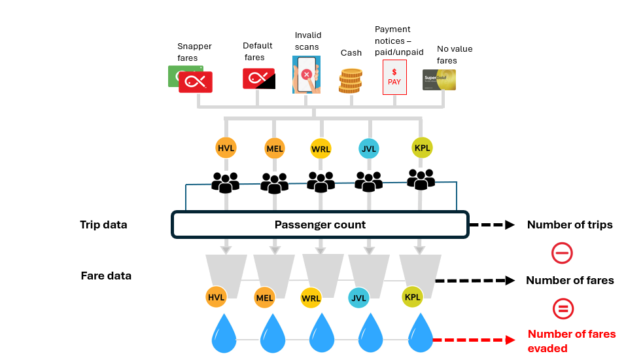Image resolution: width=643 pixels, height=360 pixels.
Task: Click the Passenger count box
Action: (320, 225)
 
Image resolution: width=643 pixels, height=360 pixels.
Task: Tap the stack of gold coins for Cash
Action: (351, 81)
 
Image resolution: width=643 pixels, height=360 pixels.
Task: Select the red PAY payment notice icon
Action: (394, 77)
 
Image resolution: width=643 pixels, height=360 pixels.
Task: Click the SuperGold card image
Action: (439, 79)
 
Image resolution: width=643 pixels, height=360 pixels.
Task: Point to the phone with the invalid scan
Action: (306, 74)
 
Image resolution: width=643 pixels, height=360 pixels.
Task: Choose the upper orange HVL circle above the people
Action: (226, 148)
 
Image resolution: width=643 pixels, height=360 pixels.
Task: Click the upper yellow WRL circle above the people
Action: (321, 149)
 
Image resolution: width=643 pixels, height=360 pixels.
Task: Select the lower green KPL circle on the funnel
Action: (413, 297)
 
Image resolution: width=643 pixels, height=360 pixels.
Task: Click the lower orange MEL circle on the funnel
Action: (264, 298)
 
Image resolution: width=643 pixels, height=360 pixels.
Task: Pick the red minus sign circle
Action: (563, 253)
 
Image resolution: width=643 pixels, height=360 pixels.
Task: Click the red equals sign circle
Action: (563, 308)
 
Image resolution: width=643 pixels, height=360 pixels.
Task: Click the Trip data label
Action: (103, 225)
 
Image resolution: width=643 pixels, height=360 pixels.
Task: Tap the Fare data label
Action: (106, 276)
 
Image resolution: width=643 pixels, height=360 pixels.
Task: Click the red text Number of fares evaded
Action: (571, 341)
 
